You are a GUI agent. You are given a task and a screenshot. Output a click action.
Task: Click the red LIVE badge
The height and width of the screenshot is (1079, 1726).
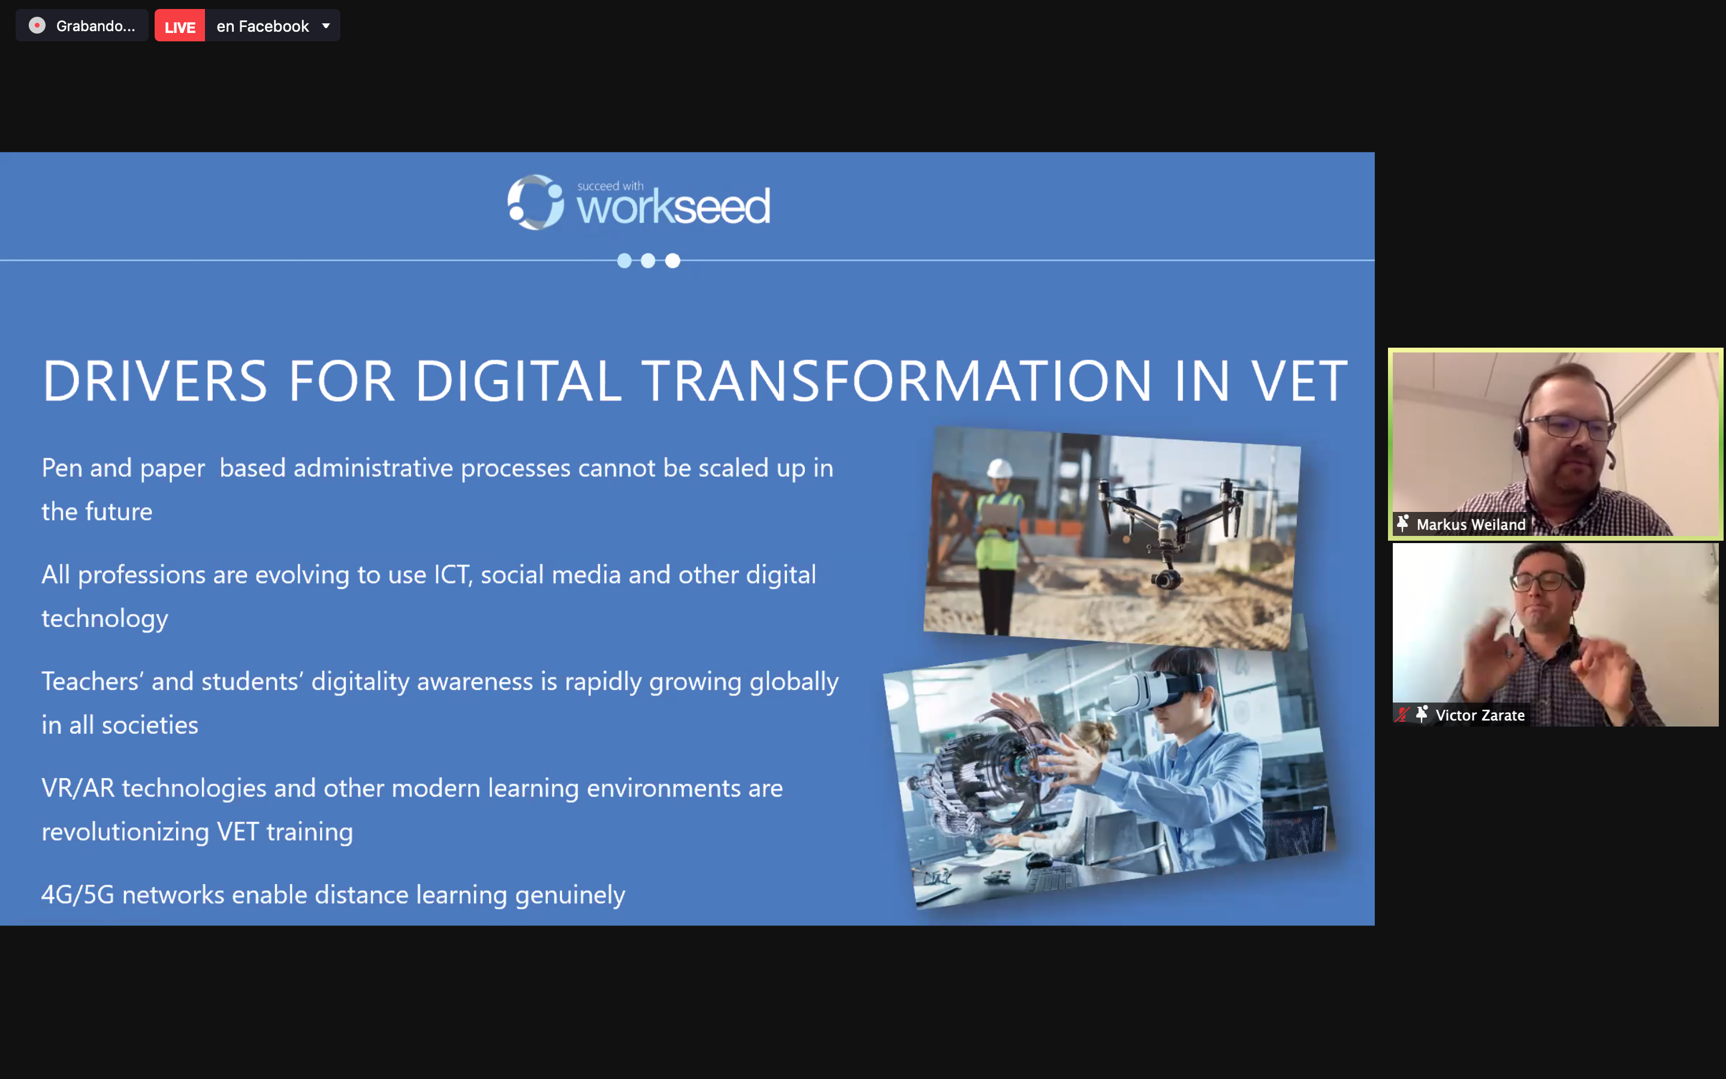[x=180, y=26]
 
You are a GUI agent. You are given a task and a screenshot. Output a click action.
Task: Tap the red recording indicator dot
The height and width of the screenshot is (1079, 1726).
[x=37, y=26]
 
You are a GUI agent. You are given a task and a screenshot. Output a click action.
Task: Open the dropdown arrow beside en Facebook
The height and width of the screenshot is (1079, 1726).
[x=326, y=26]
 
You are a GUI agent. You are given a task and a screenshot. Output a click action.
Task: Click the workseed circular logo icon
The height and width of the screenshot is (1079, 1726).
[x=535, y=203]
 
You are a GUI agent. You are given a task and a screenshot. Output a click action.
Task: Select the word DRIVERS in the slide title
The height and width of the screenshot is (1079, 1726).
[x=155, y=381]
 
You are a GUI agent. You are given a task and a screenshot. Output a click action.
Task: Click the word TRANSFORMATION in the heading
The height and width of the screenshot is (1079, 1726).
[x=897, y=381]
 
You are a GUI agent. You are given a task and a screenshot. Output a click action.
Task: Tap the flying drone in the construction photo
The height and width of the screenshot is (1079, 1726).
[x=1170, y=525]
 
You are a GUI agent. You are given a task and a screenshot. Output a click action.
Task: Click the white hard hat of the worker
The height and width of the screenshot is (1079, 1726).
[x=999, y=468]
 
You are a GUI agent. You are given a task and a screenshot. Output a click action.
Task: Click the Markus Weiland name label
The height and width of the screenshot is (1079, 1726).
[x=1471, y=525]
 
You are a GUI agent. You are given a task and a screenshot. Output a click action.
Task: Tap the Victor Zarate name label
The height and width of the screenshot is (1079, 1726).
[x=1480, y=715]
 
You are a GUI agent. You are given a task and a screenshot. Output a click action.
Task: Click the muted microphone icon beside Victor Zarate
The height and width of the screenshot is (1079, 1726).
[x=1402, y=715]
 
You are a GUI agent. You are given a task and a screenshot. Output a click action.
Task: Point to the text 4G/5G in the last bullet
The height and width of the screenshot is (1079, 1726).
[x=78, y=895]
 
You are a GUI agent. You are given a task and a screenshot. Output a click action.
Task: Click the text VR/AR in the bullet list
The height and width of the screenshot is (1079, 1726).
[x=78, y=788]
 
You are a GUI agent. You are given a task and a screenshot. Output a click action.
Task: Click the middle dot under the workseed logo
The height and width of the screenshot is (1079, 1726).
[x=648, y=261]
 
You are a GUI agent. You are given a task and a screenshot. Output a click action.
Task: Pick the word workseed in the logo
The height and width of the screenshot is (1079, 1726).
[x=673, y=207]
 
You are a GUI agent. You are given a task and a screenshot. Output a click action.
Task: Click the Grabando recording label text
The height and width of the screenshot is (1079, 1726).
[x=95, y=26]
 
